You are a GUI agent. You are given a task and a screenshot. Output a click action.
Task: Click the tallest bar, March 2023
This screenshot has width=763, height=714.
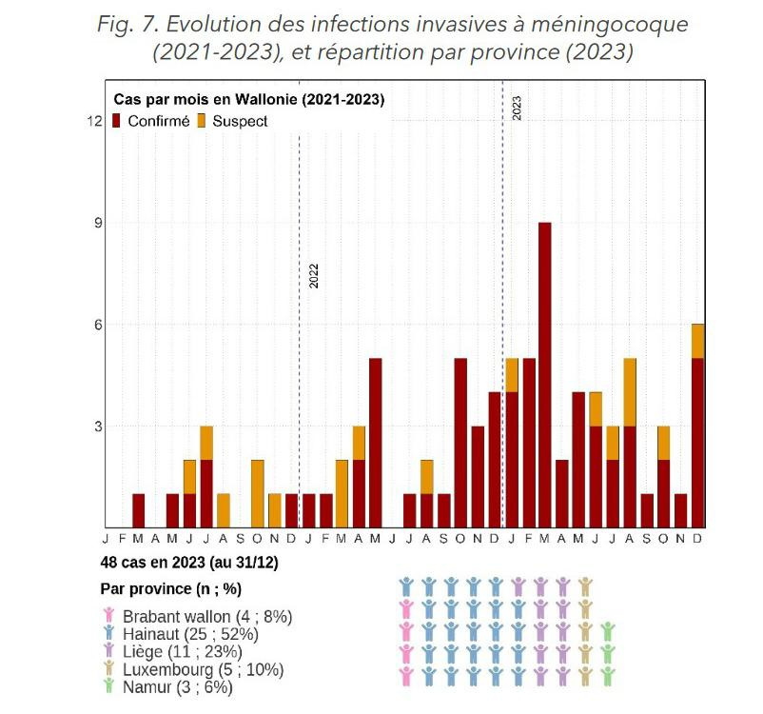[x=545, y=375]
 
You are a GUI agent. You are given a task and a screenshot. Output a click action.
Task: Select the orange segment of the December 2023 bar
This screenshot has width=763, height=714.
[x=697, y=341]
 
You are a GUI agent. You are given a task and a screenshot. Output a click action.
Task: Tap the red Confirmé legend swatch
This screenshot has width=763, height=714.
[x=116, y=121]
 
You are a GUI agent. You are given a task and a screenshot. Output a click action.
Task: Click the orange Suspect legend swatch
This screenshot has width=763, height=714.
[x=202, y=121]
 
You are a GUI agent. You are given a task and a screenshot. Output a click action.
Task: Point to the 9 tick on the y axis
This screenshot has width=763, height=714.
[x=98, y=223]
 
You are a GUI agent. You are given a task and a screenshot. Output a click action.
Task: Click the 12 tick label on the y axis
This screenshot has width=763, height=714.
[x=95, y=121]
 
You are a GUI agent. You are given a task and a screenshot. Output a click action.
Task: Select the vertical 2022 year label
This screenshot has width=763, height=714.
[x=314, y=276]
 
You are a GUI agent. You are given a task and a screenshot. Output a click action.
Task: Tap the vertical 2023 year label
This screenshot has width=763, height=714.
[x=517, y=109]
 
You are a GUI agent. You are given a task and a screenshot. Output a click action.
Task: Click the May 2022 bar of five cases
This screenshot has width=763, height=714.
[x=375, y=443]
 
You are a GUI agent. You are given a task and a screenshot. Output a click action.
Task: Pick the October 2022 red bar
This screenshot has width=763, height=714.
[x=460, y=443]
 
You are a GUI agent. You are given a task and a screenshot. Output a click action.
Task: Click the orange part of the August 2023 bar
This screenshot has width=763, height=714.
[x=630, y=392]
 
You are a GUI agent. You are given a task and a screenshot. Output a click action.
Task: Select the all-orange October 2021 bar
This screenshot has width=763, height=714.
[x=258, y=493]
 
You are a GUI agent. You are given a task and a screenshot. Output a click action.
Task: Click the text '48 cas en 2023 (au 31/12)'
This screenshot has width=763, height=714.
[x=189, y=563]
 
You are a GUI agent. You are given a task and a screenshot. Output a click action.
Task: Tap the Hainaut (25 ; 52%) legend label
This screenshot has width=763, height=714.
[x=190, y=634]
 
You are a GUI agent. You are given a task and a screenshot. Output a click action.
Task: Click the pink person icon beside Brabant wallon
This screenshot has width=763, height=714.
[x=109, y=615]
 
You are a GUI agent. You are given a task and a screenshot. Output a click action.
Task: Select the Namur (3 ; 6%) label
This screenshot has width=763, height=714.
[x=178, y=687]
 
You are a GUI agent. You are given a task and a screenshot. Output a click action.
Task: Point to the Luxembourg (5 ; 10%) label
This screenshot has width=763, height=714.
[x=203, y=669]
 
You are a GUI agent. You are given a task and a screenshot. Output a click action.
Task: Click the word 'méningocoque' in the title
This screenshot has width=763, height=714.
[x=609, y=25]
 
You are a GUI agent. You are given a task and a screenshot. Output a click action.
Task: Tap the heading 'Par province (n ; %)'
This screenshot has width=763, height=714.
[x=171, y=589]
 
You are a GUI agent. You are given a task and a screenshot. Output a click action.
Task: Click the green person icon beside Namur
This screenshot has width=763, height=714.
[x=109, y=685]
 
